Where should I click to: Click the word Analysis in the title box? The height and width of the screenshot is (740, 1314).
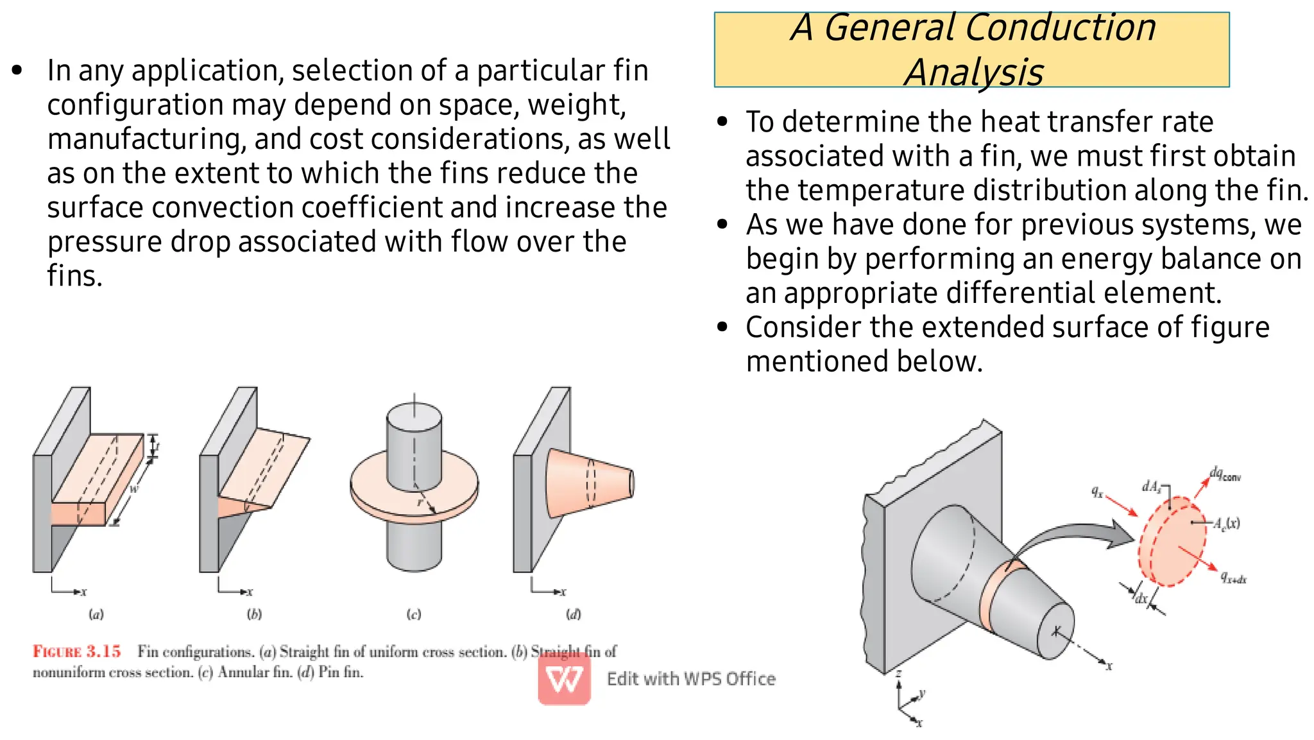click(973, 72)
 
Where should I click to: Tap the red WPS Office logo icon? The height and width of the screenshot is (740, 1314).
click(564, 678)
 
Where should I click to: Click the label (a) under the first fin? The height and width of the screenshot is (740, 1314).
click(96, 614)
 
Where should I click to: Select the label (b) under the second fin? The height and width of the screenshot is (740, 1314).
click(254, 614)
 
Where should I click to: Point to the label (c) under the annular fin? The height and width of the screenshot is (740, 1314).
click(414, 614)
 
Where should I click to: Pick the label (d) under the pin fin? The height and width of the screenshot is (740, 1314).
click(573, 614)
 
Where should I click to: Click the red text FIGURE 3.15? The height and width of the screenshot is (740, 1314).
click(76, 651)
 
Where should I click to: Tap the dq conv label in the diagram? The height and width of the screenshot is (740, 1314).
click(1225, 474)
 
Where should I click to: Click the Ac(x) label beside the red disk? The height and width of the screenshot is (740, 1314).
click(1226, 523)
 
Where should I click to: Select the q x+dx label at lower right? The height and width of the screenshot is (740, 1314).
click(1233, 578)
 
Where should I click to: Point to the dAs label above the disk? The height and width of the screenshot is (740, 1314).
click(1152, 486)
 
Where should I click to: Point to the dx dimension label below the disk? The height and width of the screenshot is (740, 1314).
click(1141, 599)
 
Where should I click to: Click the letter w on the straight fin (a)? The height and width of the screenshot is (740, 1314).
click(133, 489)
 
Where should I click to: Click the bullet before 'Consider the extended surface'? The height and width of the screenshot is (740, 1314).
click(723, 327)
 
